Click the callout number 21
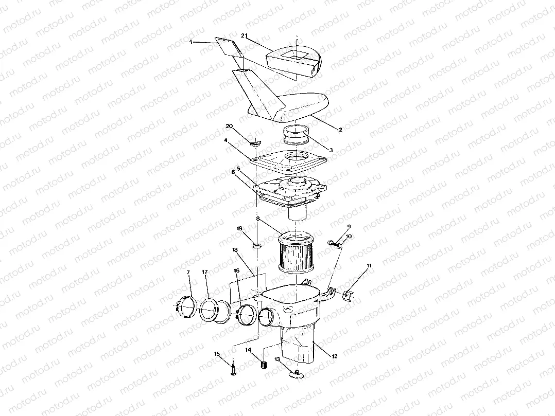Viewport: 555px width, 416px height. [245, 35]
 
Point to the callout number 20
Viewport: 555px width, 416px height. [230, 125]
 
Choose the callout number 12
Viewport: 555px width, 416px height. [335, 356]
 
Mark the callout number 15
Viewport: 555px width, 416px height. [217, 353]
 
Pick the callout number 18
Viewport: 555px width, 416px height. [235, 250]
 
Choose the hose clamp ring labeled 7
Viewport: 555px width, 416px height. [184, 306]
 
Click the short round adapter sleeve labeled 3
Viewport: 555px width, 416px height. [295, 135]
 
